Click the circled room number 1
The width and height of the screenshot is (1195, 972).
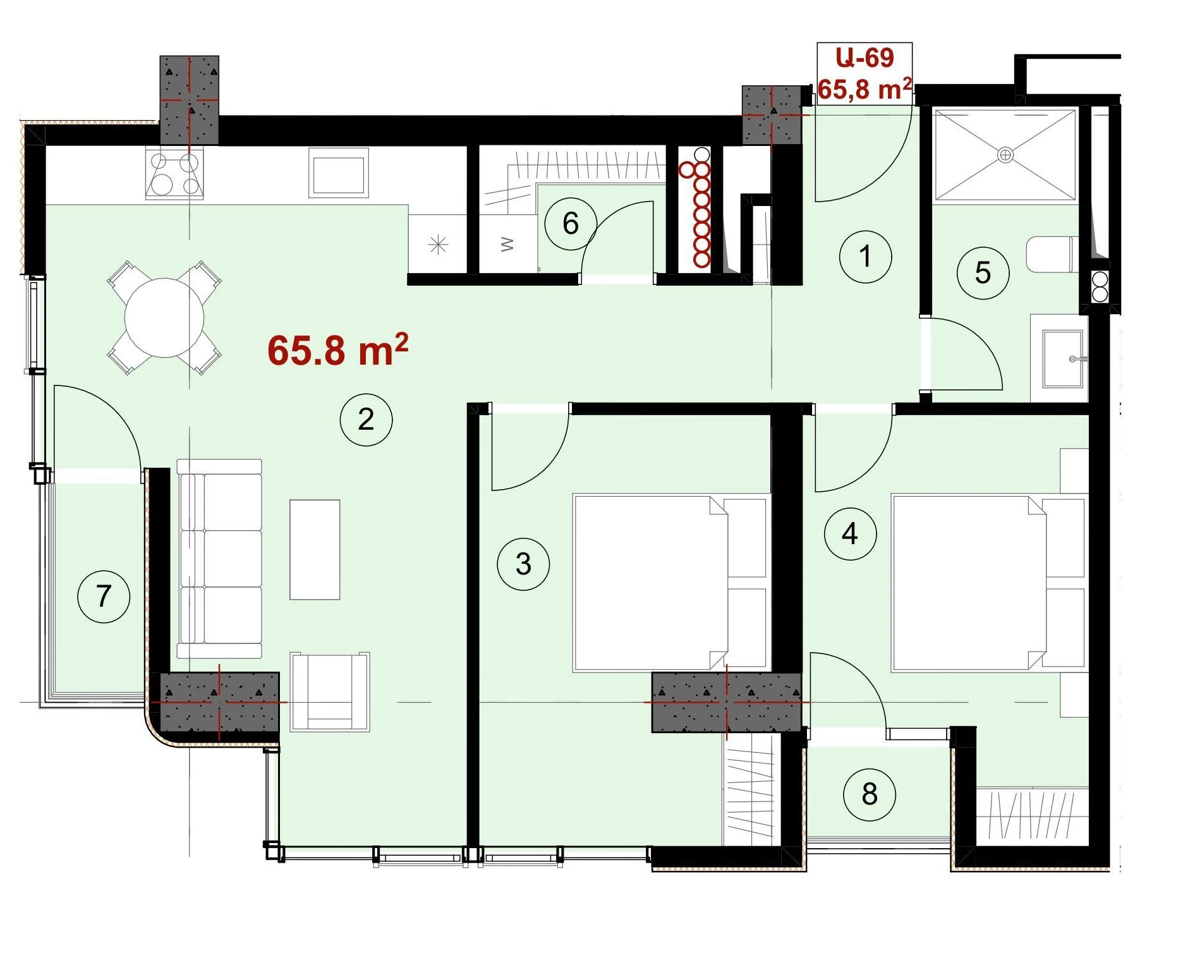865,257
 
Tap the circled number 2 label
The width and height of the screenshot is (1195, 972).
366,420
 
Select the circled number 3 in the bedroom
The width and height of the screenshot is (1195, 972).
523,564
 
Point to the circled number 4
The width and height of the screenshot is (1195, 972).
850,534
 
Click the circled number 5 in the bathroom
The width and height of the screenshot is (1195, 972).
983,273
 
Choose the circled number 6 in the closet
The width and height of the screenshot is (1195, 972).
571,223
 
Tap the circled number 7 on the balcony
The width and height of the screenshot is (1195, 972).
104,597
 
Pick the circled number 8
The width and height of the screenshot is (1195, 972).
870,794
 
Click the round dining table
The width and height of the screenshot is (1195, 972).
164,318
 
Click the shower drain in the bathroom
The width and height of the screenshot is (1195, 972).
1005,154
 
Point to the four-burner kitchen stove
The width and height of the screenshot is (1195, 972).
174,173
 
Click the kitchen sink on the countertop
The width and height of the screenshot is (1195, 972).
339,173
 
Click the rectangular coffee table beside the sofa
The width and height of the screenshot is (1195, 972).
315,550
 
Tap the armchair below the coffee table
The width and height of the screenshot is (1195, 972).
330,692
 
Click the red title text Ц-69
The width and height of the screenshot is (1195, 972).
864,58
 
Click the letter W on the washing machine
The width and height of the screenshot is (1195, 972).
507,244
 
